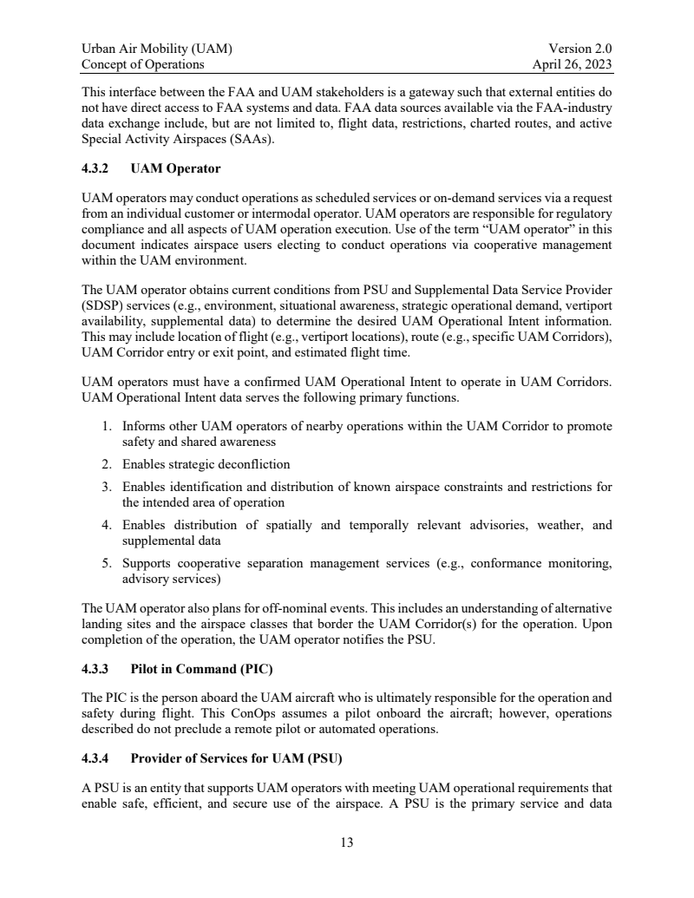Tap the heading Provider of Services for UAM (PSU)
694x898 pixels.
point(237,759)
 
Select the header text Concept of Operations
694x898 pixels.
point(143,64)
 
